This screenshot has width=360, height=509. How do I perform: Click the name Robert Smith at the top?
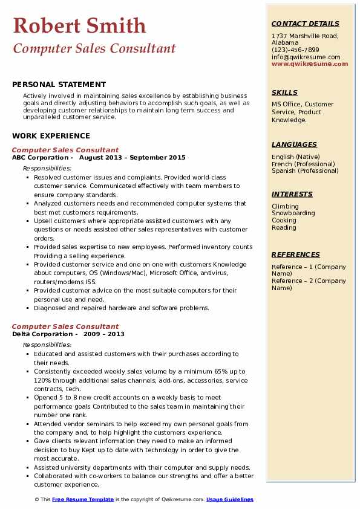(79, 25)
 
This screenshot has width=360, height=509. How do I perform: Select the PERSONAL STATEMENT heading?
(59, 85)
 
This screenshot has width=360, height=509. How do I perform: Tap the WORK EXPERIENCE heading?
(51, 136)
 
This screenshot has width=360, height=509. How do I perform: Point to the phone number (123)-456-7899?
(295, 50)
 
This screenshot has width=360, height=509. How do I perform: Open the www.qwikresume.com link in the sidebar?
(310, 63)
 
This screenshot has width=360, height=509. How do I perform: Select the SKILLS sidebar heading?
(284, 92)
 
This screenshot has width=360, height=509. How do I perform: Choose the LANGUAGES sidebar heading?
(294, 144)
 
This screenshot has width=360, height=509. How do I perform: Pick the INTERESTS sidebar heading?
(292, 194)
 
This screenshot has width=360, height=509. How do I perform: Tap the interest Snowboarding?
(293, 213)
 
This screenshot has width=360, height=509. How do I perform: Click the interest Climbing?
(285, 206)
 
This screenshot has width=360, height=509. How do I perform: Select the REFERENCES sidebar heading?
(296, 254)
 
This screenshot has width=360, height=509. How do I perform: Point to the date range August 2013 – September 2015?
(132, 157)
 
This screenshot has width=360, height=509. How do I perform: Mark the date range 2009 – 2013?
(103, 334)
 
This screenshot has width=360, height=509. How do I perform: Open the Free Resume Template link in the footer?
(83, 499)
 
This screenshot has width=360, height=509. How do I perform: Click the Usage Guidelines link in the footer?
(230, 499)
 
